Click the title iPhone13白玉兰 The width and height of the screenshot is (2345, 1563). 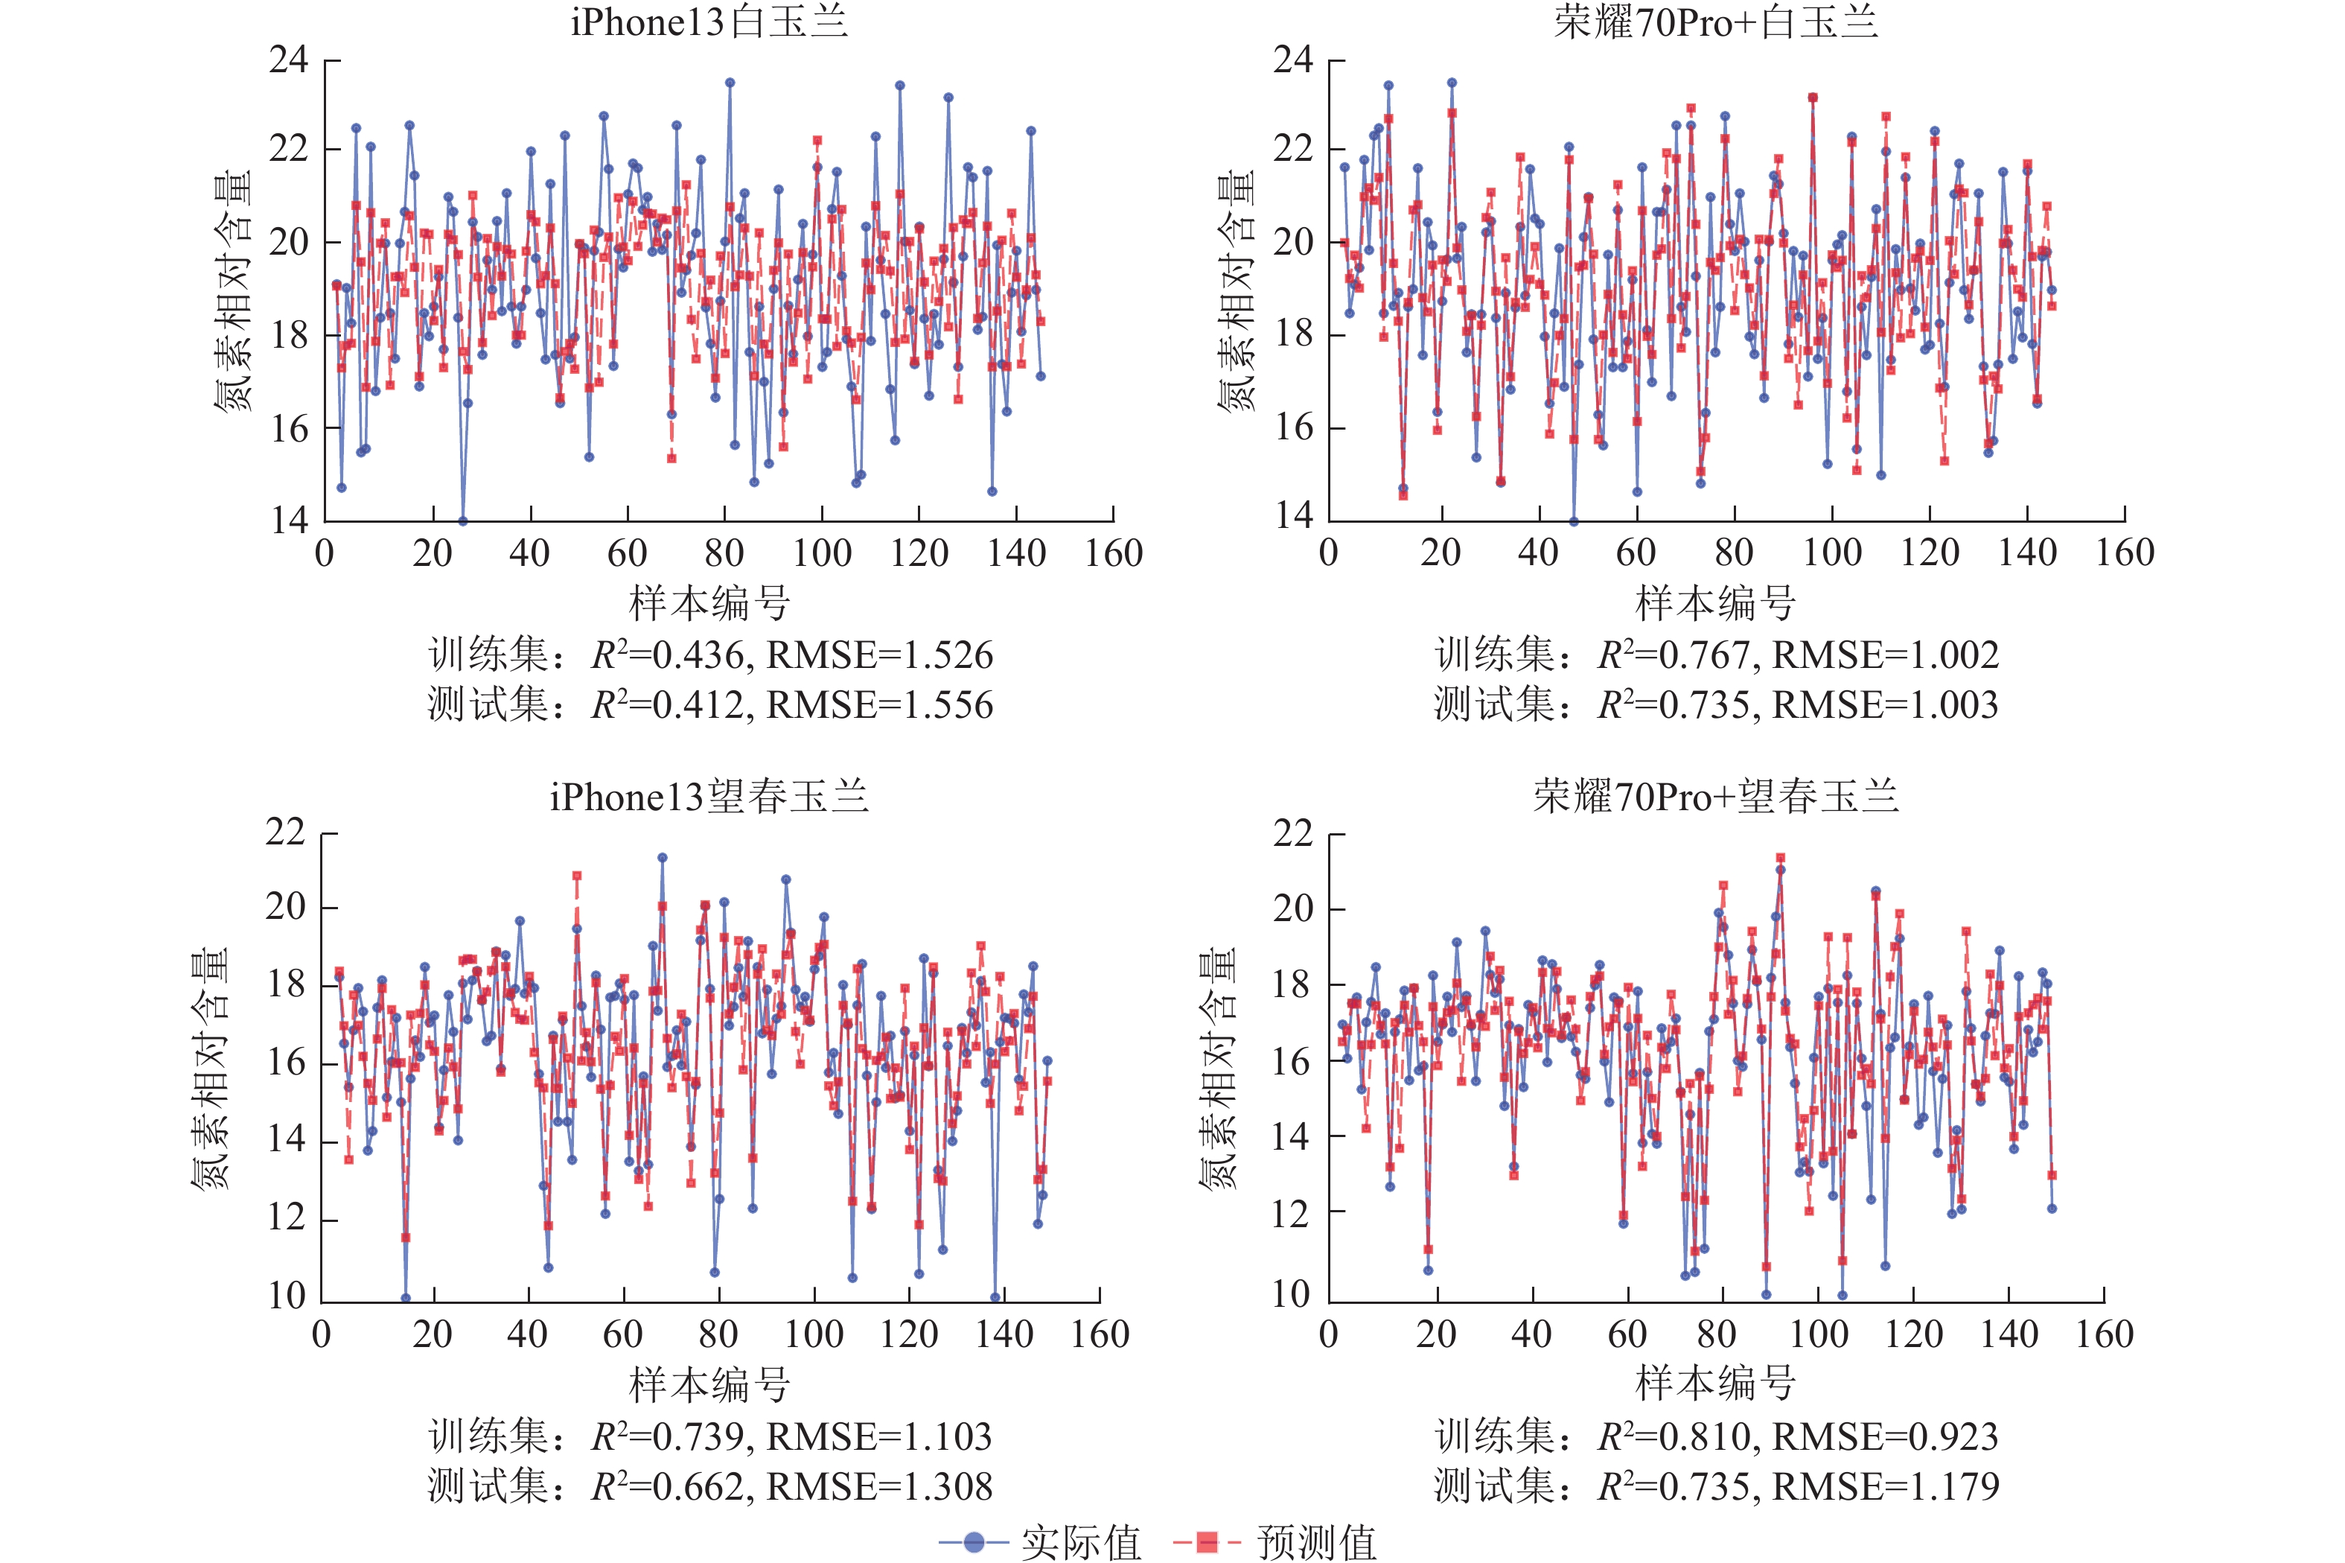(x=709, y=22)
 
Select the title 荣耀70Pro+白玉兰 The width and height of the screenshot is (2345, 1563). (x=1714, y=22)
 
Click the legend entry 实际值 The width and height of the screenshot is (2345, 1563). (x=1080, y=1541)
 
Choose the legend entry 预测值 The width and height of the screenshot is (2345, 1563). (x=1315, y=1541)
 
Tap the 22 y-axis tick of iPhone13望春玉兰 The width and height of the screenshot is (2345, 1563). (x=285, y=833)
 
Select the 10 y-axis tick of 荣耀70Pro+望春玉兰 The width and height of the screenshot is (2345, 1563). (x=1292, y=1295)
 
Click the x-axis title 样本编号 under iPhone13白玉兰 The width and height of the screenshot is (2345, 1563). (x=709, y=603)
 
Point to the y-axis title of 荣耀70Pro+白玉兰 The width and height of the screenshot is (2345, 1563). (x=1236, y=290)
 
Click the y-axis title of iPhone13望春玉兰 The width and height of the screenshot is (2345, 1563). (x=209, y=1066)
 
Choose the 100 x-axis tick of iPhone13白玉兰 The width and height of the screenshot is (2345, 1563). (x=822, y=553)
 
